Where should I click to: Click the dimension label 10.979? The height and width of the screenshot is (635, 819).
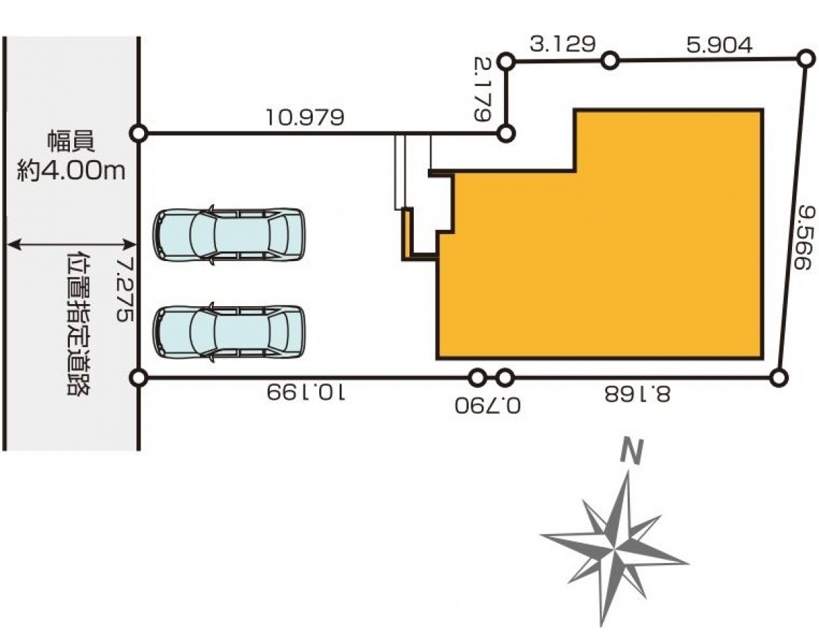pyautogui.click(x=305, y=117)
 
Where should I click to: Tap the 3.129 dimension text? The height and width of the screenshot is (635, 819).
pyautogui.click(x=563, y=44)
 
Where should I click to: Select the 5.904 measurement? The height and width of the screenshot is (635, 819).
pyautogui.click(x=719, y=45)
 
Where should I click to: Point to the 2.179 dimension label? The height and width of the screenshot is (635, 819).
pyautogui.click(x=483, y=89)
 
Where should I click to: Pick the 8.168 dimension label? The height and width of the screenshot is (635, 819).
pyautogui.click(x=638, y=394)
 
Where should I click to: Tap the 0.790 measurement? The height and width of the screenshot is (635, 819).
pyautogui.click(x=488, y=406)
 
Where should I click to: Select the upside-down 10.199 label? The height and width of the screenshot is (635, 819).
pyautogui.click(x=306, y=392)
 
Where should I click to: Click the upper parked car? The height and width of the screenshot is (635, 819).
pyautogui.click(x=228, y=235)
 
